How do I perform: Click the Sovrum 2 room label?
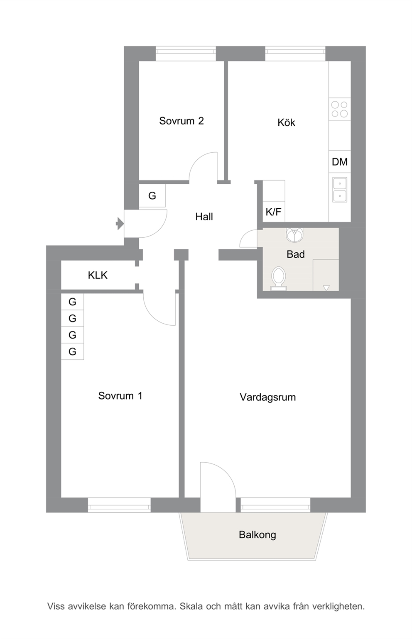(181, 121)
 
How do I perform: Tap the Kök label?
(286, 123)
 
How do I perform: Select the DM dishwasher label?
(339, 162)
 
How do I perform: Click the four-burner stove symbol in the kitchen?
(339, 109)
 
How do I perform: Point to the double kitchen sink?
(340, 189)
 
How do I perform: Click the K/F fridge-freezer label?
(273, 212)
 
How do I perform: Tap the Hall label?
(204, 217)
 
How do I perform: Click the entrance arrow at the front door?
(120, 223)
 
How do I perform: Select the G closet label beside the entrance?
(152, 196)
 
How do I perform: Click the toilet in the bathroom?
(279, 278)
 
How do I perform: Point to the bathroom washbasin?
(294, 234)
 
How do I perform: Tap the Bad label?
(296, 254)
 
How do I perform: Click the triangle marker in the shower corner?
(326, 288)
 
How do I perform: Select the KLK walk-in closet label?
(98, 275)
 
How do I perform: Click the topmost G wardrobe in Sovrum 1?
(73, 302)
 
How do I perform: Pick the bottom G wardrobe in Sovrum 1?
(73, 351)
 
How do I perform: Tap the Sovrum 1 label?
(120, 396)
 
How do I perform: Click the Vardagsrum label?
(268, 397)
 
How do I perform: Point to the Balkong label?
(257, 534)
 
